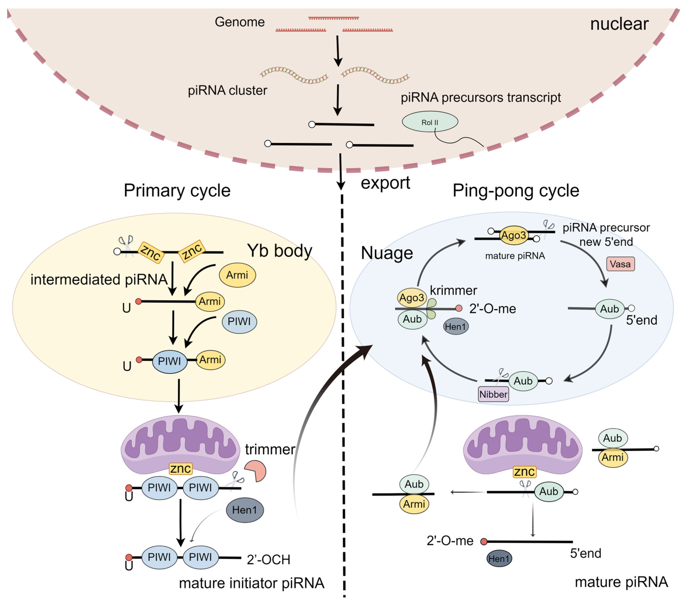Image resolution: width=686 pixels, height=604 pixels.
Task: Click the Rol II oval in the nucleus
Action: click(430, 122)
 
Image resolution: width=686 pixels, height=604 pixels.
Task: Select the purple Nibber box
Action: click(493, 394)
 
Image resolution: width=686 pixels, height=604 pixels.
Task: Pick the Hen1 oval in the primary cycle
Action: click(245, 510)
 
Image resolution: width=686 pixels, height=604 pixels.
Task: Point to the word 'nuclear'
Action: click(619, 24)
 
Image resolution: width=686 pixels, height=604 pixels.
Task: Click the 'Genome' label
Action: click(240, 22)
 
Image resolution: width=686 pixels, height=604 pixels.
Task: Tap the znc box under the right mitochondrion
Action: click(524, 472)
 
